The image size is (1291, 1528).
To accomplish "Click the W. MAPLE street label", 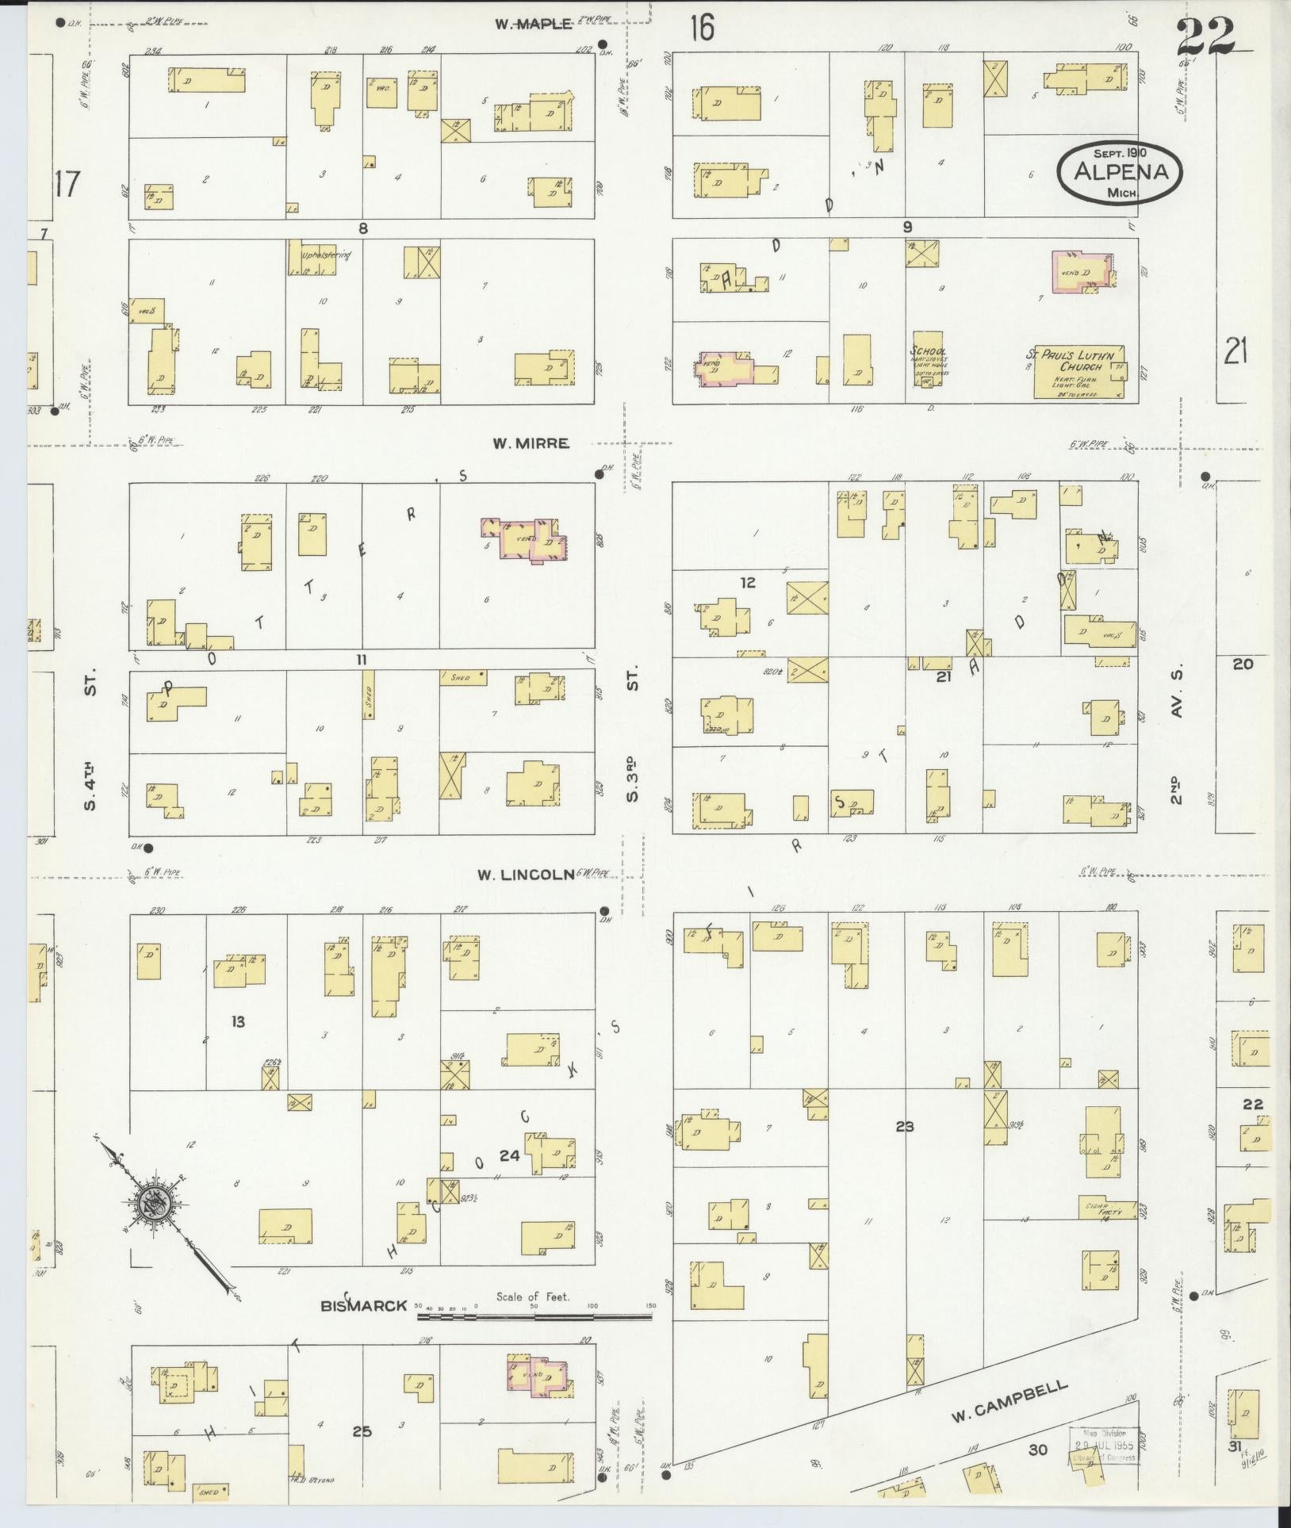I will [x=533, y=24].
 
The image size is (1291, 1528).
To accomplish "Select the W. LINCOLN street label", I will [x=525, y=875].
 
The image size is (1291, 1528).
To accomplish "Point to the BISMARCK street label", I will [x=364, y=1305].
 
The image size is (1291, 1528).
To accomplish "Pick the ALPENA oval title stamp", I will [x=1119, y=171].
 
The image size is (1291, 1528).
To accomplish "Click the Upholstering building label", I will [x=326, y=256].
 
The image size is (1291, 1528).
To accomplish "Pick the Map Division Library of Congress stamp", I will [x=1103, y=1445].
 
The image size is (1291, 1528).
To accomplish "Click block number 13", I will [x=238, y=1021].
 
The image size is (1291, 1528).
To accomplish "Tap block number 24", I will [x=508, y=1156].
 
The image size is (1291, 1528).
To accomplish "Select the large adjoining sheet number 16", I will [x=701, y=29].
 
